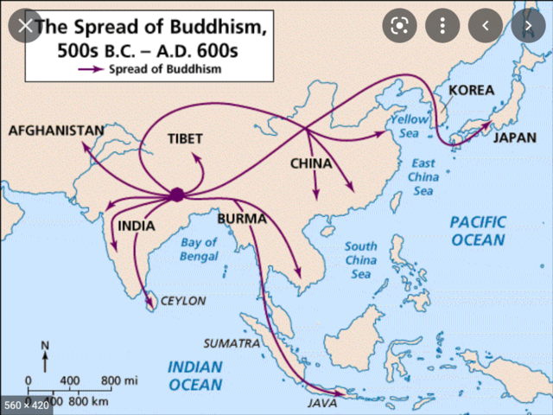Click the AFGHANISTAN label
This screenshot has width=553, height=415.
55,131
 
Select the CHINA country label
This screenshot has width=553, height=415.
311,163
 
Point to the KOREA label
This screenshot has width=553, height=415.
471,90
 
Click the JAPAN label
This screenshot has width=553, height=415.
514,137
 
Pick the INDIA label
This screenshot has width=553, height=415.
136,227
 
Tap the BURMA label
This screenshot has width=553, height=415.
242,219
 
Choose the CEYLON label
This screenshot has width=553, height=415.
182,301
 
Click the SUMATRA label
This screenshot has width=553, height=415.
232,343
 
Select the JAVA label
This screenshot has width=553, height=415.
322,403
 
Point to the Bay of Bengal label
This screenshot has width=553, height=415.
199,249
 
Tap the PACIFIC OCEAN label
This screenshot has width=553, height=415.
476,231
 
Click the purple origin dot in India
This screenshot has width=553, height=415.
176,195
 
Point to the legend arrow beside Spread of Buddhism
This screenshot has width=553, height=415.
92,68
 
